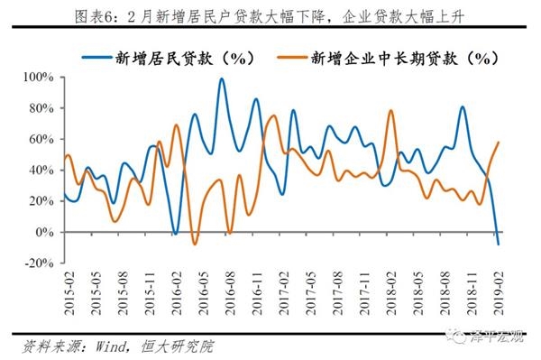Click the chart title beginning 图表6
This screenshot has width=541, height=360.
(270, 13)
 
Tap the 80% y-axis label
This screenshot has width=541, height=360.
(41, 109)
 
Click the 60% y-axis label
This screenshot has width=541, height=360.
(41, 140)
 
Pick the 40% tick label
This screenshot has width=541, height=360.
(41, 171)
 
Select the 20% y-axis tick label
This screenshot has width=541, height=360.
(41, 201)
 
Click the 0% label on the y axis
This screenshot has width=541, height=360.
(44, 232)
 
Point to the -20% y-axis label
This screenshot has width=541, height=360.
(39, 263)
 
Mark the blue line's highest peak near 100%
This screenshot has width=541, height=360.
(222, 78)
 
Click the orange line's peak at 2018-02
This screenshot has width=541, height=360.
(390, 111)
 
